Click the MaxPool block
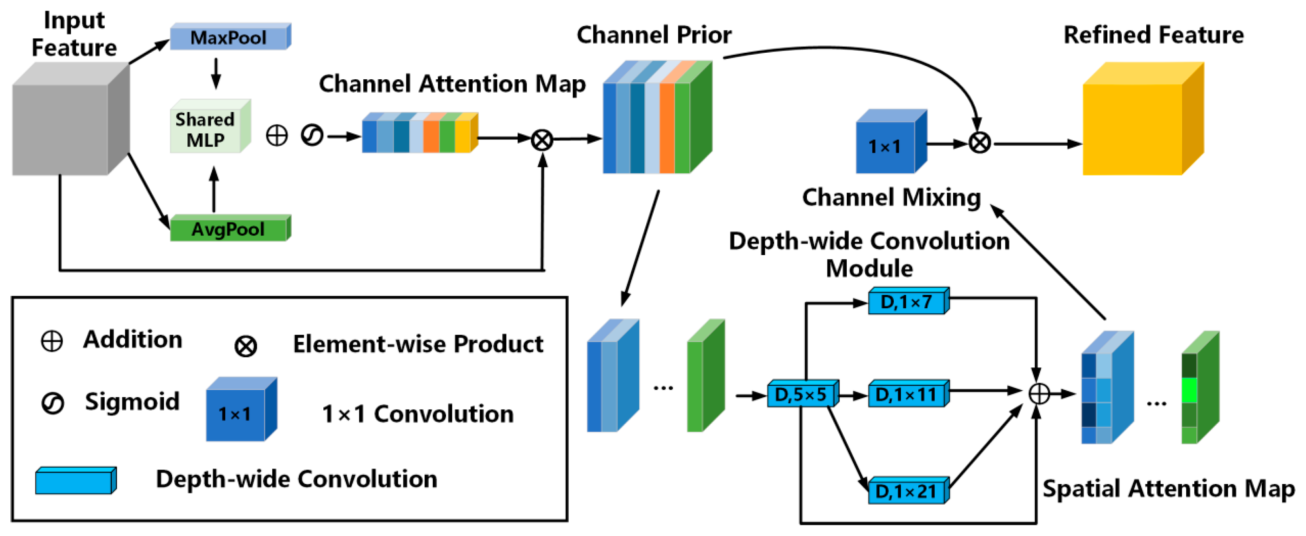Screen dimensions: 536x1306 coord(229,37)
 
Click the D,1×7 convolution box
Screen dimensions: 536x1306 coord(907,302)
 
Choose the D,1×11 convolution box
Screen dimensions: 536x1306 coord(907,394)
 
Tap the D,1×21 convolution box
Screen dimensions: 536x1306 coord(907,491)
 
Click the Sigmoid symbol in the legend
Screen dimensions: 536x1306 coord(52,404)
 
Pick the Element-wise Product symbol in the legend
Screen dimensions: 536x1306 coord(245,347)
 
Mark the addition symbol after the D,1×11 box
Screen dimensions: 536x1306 coord(1039,394)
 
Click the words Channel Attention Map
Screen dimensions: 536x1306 coord(452,84)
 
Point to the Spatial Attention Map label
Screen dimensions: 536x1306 coord(1168,489)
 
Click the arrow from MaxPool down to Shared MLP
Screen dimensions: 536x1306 coord(216,74)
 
